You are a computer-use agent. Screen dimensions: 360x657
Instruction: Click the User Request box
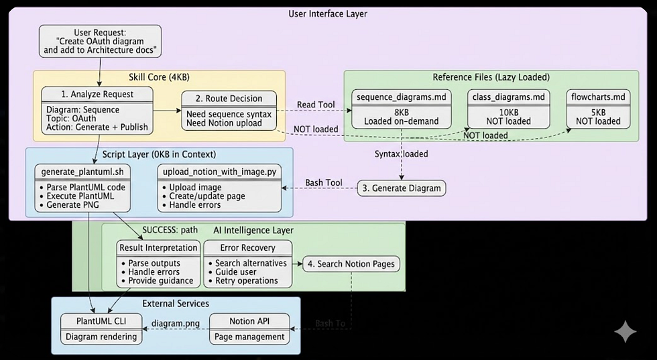(x=100, y=40)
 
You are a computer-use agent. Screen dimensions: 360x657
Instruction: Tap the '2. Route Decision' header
(x=229, y=98)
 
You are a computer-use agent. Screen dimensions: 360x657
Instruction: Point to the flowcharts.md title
(x=598, y=97)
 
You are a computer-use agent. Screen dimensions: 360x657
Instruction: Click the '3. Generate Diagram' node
(x=401, y=188)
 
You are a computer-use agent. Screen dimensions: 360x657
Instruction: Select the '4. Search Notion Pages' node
(x=352, y=264)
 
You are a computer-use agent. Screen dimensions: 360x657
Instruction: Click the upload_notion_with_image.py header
(x=219, y=173)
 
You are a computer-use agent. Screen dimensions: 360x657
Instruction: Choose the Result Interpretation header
(x=159, y=247)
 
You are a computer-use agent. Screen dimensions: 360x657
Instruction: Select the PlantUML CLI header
(x=101, y=321)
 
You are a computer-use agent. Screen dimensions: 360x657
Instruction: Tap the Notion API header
(x=250, y=321)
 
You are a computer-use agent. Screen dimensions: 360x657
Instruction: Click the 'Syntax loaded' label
(x=402, y=154)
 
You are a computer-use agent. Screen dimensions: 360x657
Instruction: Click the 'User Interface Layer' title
(x=328, y=13)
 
